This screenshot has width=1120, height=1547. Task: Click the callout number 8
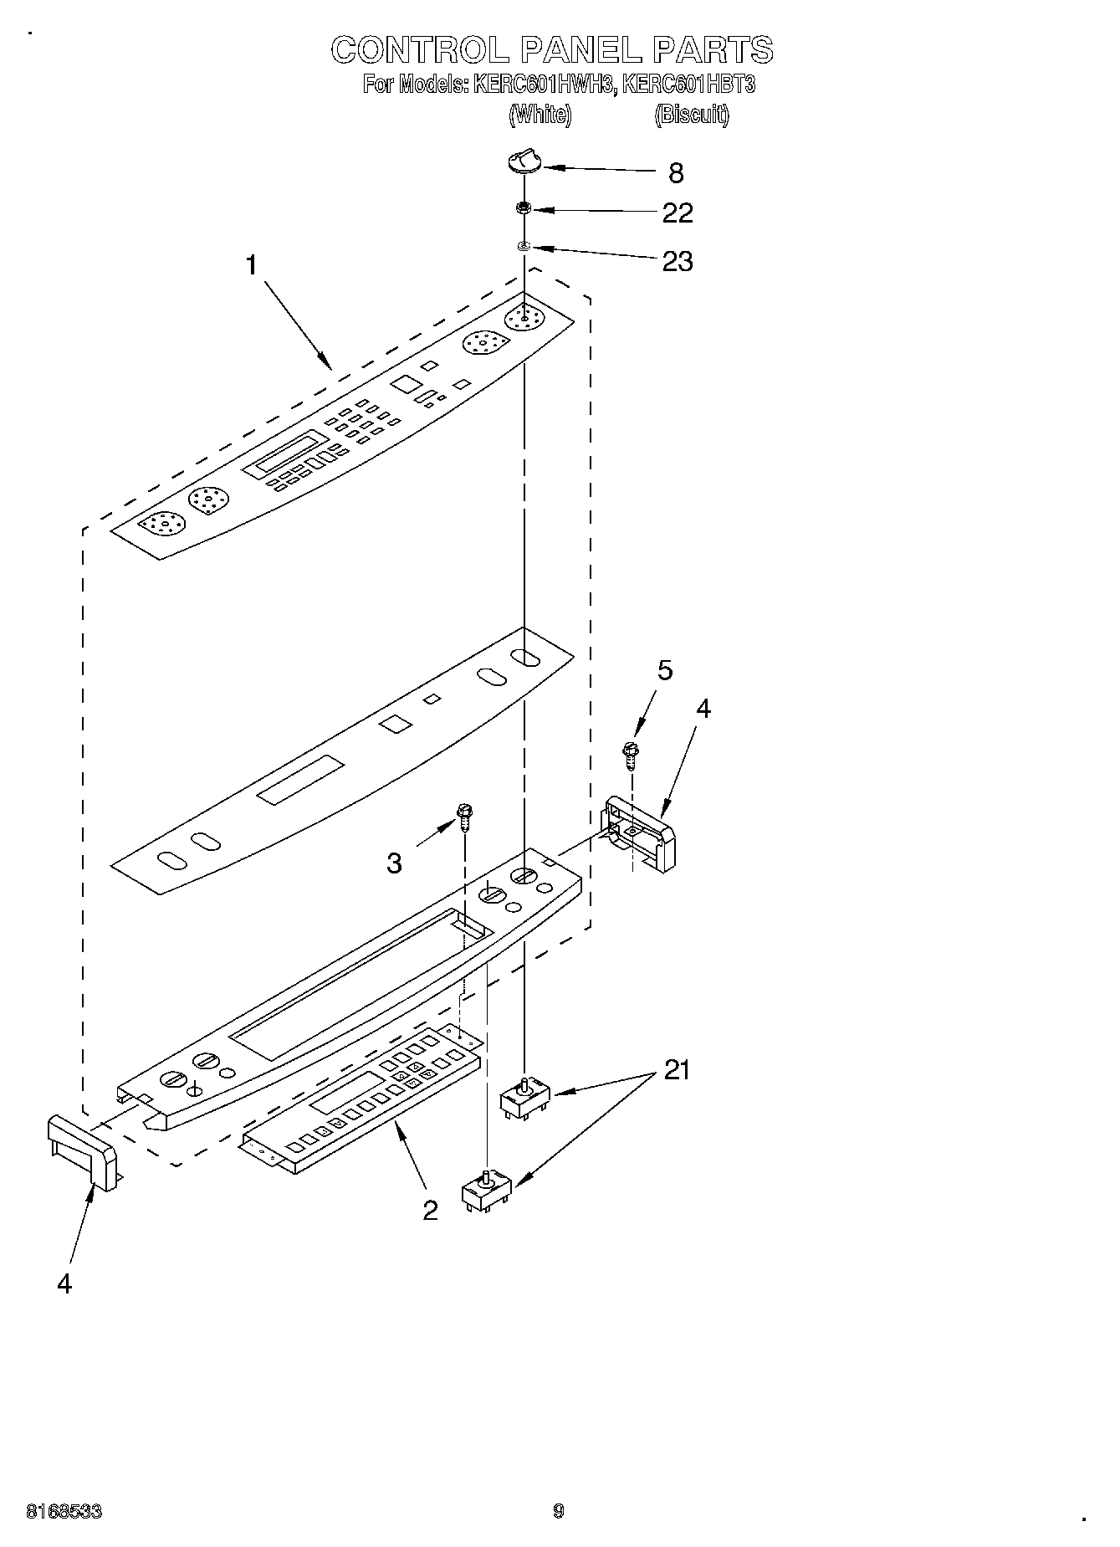(x=676, y=173)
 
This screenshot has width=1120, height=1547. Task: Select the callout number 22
(x=678, y=213)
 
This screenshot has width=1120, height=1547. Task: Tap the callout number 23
(x=678, y=262)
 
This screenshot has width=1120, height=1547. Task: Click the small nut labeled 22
(x=524, y=207)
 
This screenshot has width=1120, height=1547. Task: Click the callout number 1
(x=251, y=265)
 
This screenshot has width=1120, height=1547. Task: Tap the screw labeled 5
(x=631, y=752)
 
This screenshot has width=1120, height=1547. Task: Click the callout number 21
(x=677, y=1070)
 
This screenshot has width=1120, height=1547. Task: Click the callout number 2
(x=430, y=1210)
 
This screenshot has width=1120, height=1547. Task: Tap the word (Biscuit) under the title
(x=692, y=115)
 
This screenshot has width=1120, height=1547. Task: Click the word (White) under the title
(x=540, y=115)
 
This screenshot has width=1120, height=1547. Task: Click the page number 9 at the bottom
(x=559, y=1510)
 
